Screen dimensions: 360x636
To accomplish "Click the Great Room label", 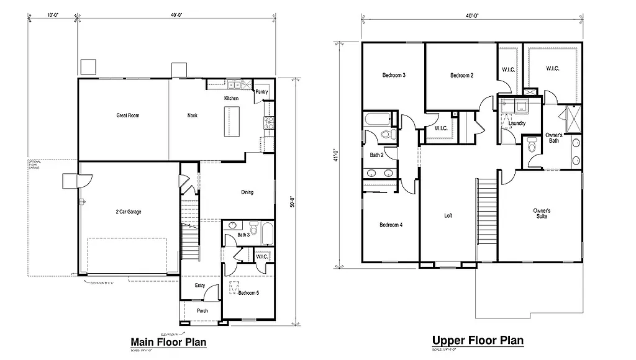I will pyautogui.click(x=127, y=115).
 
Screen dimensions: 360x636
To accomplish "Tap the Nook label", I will pyautogui.click(x=193, y=115).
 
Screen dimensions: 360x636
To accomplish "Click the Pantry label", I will pyautogui.click(x=261, y=92).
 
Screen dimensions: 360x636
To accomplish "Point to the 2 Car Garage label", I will pyautogui.click(x=128, y=212).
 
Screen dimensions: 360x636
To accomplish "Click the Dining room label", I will pyautogui.click(x=247, y=192).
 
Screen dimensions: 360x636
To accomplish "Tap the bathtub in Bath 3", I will pyautogui.click(x=266, y=235).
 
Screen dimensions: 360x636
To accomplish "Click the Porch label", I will pyautogui.click(x=202, y=311).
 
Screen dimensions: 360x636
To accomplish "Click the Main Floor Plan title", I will pyautogui.click(x=168, y=342).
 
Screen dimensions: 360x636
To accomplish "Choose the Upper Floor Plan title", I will pyautogui.click(x=478, y=340).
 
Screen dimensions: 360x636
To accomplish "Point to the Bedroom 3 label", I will pyautogui.click(x=394, y=75).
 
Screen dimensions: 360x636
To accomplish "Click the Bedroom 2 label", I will pyautogui.click(x=461, y=75).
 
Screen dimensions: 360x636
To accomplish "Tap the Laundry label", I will pyautogui.click(x=517, y=124).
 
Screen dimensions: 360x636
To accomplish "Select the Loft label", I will pyautogui.click(x=448, y=216).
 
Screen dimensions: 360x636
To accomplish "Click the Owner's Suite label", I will pyautogui.click(x=542, y=214).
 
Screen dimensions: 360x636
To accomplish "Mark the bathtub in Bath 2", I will pyautogui.click(x=378, y=119).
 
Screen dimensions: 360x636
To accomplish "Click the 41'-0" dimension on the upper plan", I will pyautogui.click(x=335, y=153).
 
